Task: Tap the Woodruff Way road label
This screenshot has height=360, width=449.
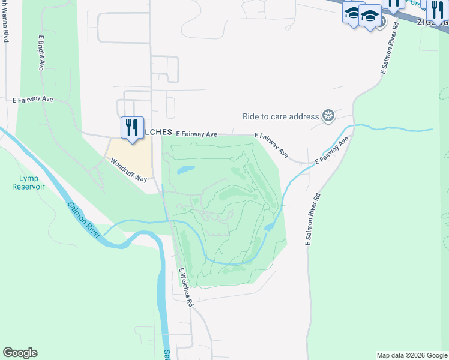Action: click(x=127, y=170)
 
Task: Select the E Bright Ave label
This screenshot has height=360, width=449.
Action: click(x=41, y=53)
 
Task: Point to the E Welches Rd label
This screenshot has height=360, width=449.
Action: click(x=185, y=287)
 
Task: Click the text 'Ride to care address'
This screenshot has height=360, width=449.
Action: click(x=280, y=116)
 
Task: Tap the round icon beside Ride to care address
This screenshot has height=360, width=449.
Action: click(x=328, y=116)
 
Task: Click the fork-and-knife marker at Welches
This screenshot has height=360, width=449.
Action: click(x=132, y=128)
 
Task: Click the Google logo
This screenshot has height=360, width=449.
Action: click(x=20, y=353)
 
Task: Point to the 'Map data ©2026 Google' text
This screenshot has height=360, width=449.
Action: click(x=411, y=355)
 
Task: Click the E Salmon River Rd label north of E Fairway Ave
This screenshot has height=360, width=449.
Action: click(x=389, y=49)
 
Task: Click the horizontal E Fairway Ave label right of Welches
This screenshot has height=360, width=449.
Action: click(x=196, y=134)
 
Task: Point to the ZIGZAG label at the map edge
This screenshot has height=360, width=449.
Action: click(x=433, y=22)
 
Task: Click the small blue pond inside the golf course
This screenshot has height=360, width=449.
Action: click(x=185, y=170)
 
